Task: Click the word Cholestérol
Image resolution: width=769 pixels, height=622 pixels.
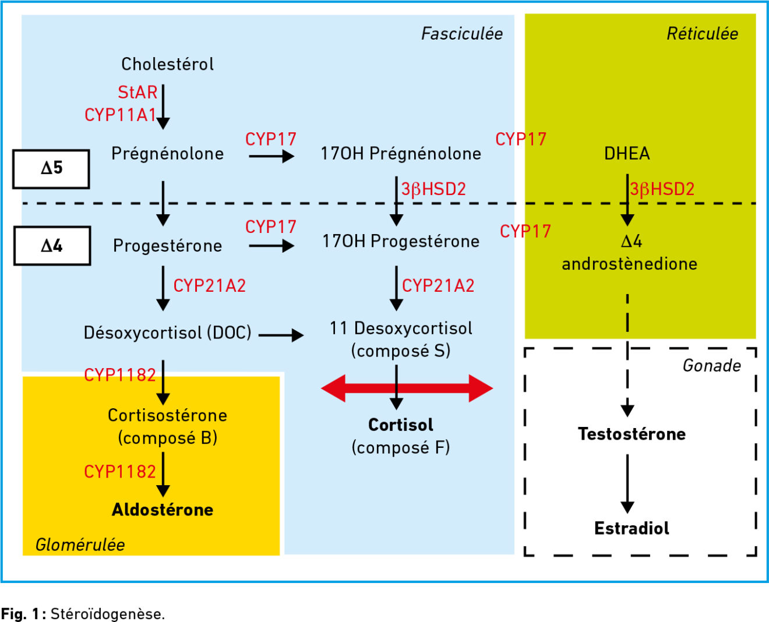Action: tap(168, 64)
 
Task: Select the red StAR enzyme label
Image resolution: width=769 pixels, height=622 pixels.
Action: tap(137, 93)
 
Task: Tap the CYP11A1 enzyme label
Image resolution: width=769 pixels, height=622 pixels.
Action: tap(120, 115)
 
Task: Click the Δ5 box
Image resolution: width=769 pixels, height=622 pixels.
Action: tap(51, 169)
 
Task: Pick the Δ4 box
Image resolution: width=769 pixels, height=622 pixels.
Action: tap(52, 246)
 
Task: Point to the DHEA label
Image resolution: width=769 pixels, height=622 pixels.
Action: tap(627, 154)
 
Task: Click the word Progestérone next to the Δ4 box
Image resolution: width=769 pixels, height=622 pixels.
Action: tap(168, 246)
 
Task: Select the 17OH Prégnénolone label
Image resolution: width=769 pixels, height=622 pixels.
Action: tap(401, 154)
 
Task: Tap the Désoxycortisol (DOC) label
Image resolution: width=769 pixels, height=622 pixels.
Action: tap(168, 333)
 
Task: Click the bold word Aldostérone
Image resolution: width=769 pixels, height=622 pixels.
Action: tap(163, 510)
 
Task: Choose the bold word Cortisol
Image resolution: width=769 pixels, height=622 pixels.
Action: tap(401, 425)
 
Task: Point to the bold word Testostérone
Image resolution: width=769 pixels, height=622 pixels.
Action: tap(632, 434)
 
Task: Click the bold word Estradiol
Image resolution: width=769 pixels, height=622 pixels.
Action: tap(632, 528)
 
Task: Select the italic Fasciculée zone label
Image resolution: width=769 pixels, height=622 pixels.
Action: tap(462, 34)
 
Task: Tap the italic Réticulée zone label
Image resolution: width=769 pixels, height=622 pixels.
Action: tap(703, 34)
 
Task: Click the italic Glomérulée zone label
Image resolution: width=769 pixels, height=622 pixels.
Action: tap(80, 545)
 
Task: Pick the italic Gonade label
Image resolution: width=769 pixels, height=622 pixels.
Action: tap(712, 366)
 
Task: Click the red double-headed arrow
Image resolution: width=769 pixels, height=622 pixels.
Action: tap(407, 388)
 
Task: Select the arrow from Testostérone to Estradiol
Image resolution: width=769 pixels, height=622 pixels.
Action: tap(627, 484)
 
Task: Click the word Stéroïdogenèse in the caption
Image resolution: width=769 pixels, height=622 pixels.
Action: tap(108, 614)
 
